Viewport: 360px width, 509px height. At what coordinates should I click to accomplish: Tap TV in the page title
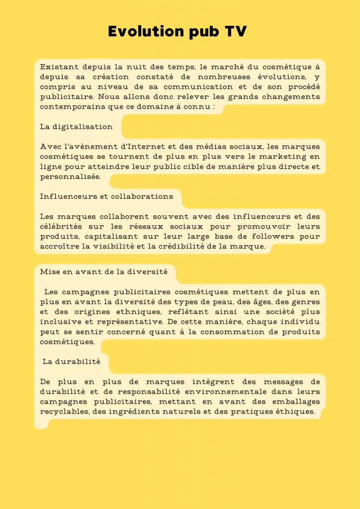(235, 31)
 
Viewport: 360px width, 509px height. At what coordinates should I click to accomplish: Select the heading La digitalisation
(76, 127)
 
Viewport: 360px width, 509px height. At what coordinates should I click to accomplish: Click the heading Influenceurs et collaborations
(106, 196)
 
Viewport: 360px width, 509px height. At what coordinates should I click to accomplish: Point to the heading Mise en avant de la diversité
(107, 272)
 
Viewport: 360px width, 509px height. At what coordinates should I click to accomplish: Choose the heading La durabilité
(72, 361)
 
